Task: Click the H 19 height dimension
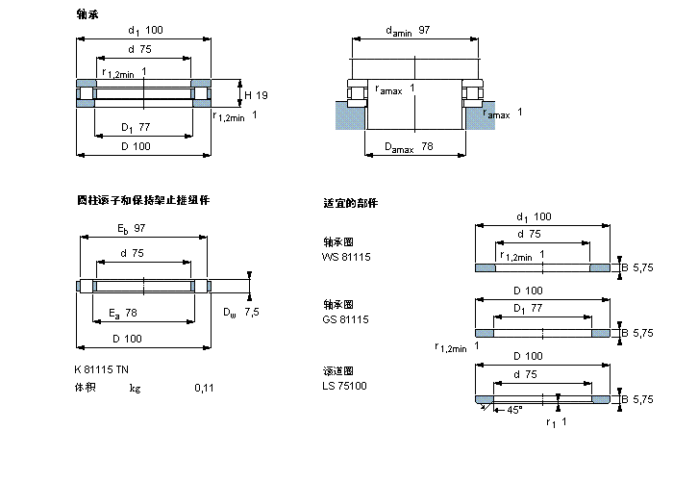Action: pyautogui.click(x=255, y=94)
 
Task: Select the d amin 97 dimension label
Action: pyautogui.click(x=407, y=32)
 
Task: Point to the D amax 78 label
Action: pyautogui.click(x=409, y=147)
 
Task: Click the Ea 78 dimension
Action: pyautogui.click(x=123, y=313)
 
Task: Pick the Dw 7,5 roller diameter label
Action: pyautogui.click(x=241, y=313)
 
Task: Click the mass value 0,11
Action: pyautogui.click(x=204, y=388)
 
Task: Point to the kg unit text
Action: pyautogui.click(x=136, y=388)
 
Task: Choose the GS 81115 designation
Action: pyautogui.click(x=346, y=318)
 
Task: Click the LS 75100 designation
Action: pyautogui.click(x=345, y=385)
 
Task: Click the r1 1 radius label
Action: pyautogui.click(x=556, y=422)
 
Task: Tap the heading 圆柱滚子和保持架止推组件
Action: pyautogui.click(x=143, y=200)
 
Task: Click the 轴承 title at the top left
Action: pyautogui.click(x=87, y=14)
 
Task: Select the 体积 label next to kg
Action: pyautogui.click(x=86, y=388)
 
